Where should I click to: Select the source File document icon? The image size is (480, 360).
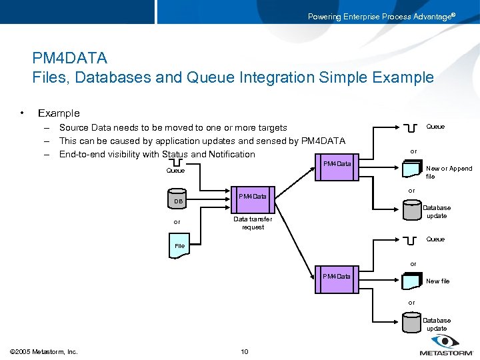click(179, 244)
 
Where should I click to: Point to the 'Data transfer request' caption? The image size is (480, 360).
click(252, 223)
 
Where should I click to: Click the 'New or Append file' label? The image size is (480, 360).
click(448, 173)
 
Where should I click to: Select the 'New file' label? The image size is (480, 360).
click(437, 281)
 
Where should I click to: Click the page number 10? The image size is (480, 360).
click(244, 351)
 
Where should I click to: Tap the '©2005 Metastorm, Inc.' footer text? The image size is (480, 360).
click(44, 351)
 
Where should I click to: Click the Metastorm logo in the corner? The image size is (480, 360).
click(445, 347)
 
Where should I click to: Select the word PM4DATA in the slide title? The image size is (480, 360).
click(69, 59)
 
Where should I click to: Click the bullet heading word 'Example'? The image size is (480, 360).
click(59, 113)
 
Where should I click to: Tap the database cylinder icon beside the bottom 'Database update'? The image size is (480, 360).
click(411, 323)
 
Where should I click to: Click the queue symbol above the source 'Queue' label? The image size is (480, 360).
click(176, 163)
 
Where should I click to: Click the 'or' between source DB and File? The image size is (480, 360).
click(177, 222)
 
